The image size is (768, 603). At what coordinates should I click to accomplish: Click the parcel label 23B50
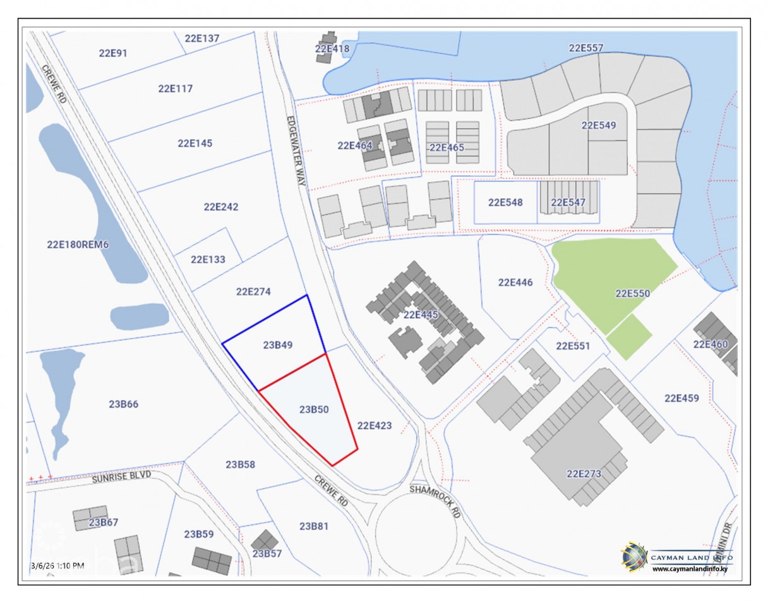[314, 410]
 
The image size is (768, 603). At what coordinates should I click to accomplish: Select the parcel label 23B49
[278, 345]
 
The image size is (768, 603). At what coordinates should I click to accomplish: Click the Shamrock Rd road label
[435, 502]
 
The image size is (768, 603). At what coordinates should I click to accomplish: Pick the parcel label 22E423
[375, 426]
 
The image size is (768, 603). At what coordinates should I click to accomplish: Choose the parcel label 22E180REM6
[78, 245]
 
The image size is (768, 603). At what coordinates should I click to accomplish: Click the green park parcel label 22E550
[633, 293]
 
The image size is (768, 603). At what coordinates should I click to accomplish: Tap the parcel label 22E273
[584, 473]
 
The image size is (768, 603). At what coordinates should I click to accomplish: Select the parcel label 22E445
[421, 315]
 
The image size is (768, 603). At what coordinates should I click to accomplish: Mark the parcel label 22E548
[505, 203]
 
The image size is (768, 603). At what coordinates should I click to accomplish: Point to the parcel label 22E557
[586, 47]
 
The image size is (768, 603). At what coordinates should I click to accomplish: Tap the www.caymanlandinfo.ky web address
[693, 569]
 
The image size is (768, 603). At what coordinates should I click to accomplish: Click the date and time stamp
[57, 565]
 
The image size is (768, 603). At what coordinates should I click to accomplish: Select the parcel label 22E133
[208, 259]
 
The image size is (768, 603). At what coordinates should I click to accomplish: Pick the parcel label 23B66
[124, 405]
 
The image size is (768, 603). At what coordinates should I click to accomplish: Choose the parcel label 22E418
[332, 48]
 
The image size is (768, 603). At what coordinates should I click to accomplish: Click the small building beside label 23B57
[264, 540]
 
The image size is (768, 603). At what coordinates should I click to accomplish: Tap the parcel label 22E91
[113, 53]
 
